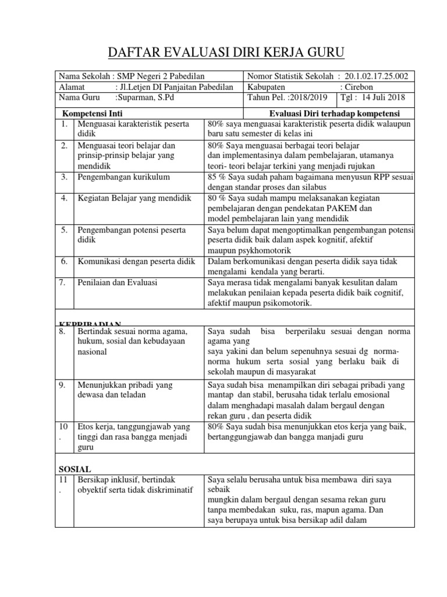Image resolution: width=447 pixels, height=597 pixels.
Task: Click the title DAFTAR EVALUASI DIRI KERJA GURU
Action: [227, 54]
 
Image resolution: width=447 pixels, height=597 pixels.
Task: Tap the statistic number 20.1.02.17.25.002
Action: [377, 76]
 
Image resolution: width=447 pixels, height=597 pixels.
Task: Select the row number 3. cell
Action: [64, 177]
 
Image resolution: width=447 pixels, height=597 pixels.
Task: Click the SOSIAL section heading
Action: [76, 468]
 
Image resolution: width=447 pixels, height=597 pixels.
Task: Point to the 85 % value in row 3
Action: [217, 177]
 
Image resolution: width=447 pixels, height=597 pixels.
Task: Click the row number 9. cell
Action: [64, 385]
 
